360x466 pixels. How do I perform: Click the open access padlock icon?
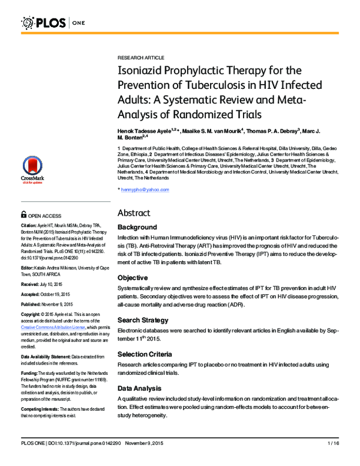[23, 214]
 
